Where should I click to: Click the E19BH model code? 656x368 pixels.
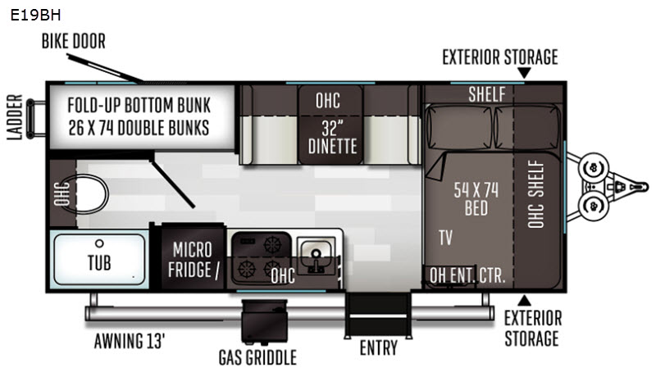(x=36, y=14)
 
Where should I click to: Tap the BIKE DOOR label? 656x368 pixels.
(x=74, y=41)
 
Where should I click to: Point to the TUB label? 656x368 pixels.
(x=100, y=264)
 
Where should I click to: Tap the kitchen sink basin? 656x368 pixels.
(x=313, y=250)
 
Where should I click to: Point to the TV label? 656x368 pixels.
(x=445, y=238)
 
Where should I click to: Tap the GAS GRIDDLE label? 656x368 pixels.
(x=257, y=357)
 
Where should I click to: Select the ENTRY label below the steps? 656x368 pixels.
(x=379, y=348)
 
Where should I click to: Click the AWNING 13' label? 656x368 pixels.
(x=136, y=341)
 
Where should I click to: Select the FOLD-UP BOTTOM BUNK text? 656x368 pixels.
(x=139, y=106)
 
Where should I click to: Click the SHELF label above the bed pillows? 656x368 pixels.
(x=487, y=93)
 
